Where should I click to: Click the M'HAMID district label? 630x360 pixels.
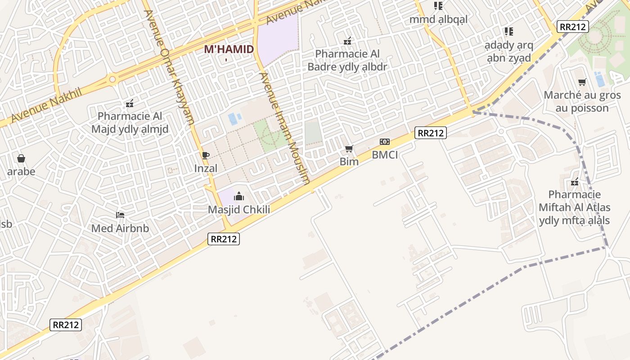coord(229,49)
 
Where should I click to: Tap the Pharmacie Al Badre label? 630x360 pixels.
coord(347,60)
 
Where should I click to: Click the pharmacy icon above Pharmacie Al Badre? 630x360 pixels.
coord(347,41)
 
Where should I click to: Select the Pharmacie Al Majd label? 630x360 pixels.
coord(130,123)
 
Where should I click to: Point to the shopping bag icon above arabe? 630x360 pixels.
coord(21,158)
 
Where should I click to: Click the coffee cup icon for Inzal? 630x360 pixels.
coord(206,156)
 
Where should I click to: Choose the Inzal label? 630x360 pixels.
coord(206,168)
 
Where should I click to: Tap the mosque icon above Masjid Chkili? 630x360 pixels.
coord(239,196)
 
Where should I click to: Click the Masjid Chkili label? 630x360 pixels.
coord(239,210)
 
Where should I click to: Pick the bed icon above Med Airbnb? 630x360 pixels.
coord(120,215)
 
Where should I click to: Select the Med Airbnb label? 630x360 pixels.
coord(120,228)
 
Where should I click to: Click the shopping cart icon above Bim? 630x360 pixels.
coord(349,148)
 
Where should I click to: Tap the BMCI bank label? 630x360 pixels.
coord(385,155)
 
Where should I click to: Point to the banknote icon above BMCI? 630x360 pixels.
coord(385,142)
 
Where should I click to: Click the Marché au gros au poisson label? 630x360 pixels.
coord(582,102)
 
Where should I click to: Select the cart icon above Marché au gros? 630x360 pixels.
coord(582,82)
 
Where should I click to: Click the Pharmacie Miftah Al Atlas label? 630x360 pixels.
coord(575,207)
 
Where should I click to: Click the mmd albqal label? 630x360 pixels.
coord(438,19)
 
